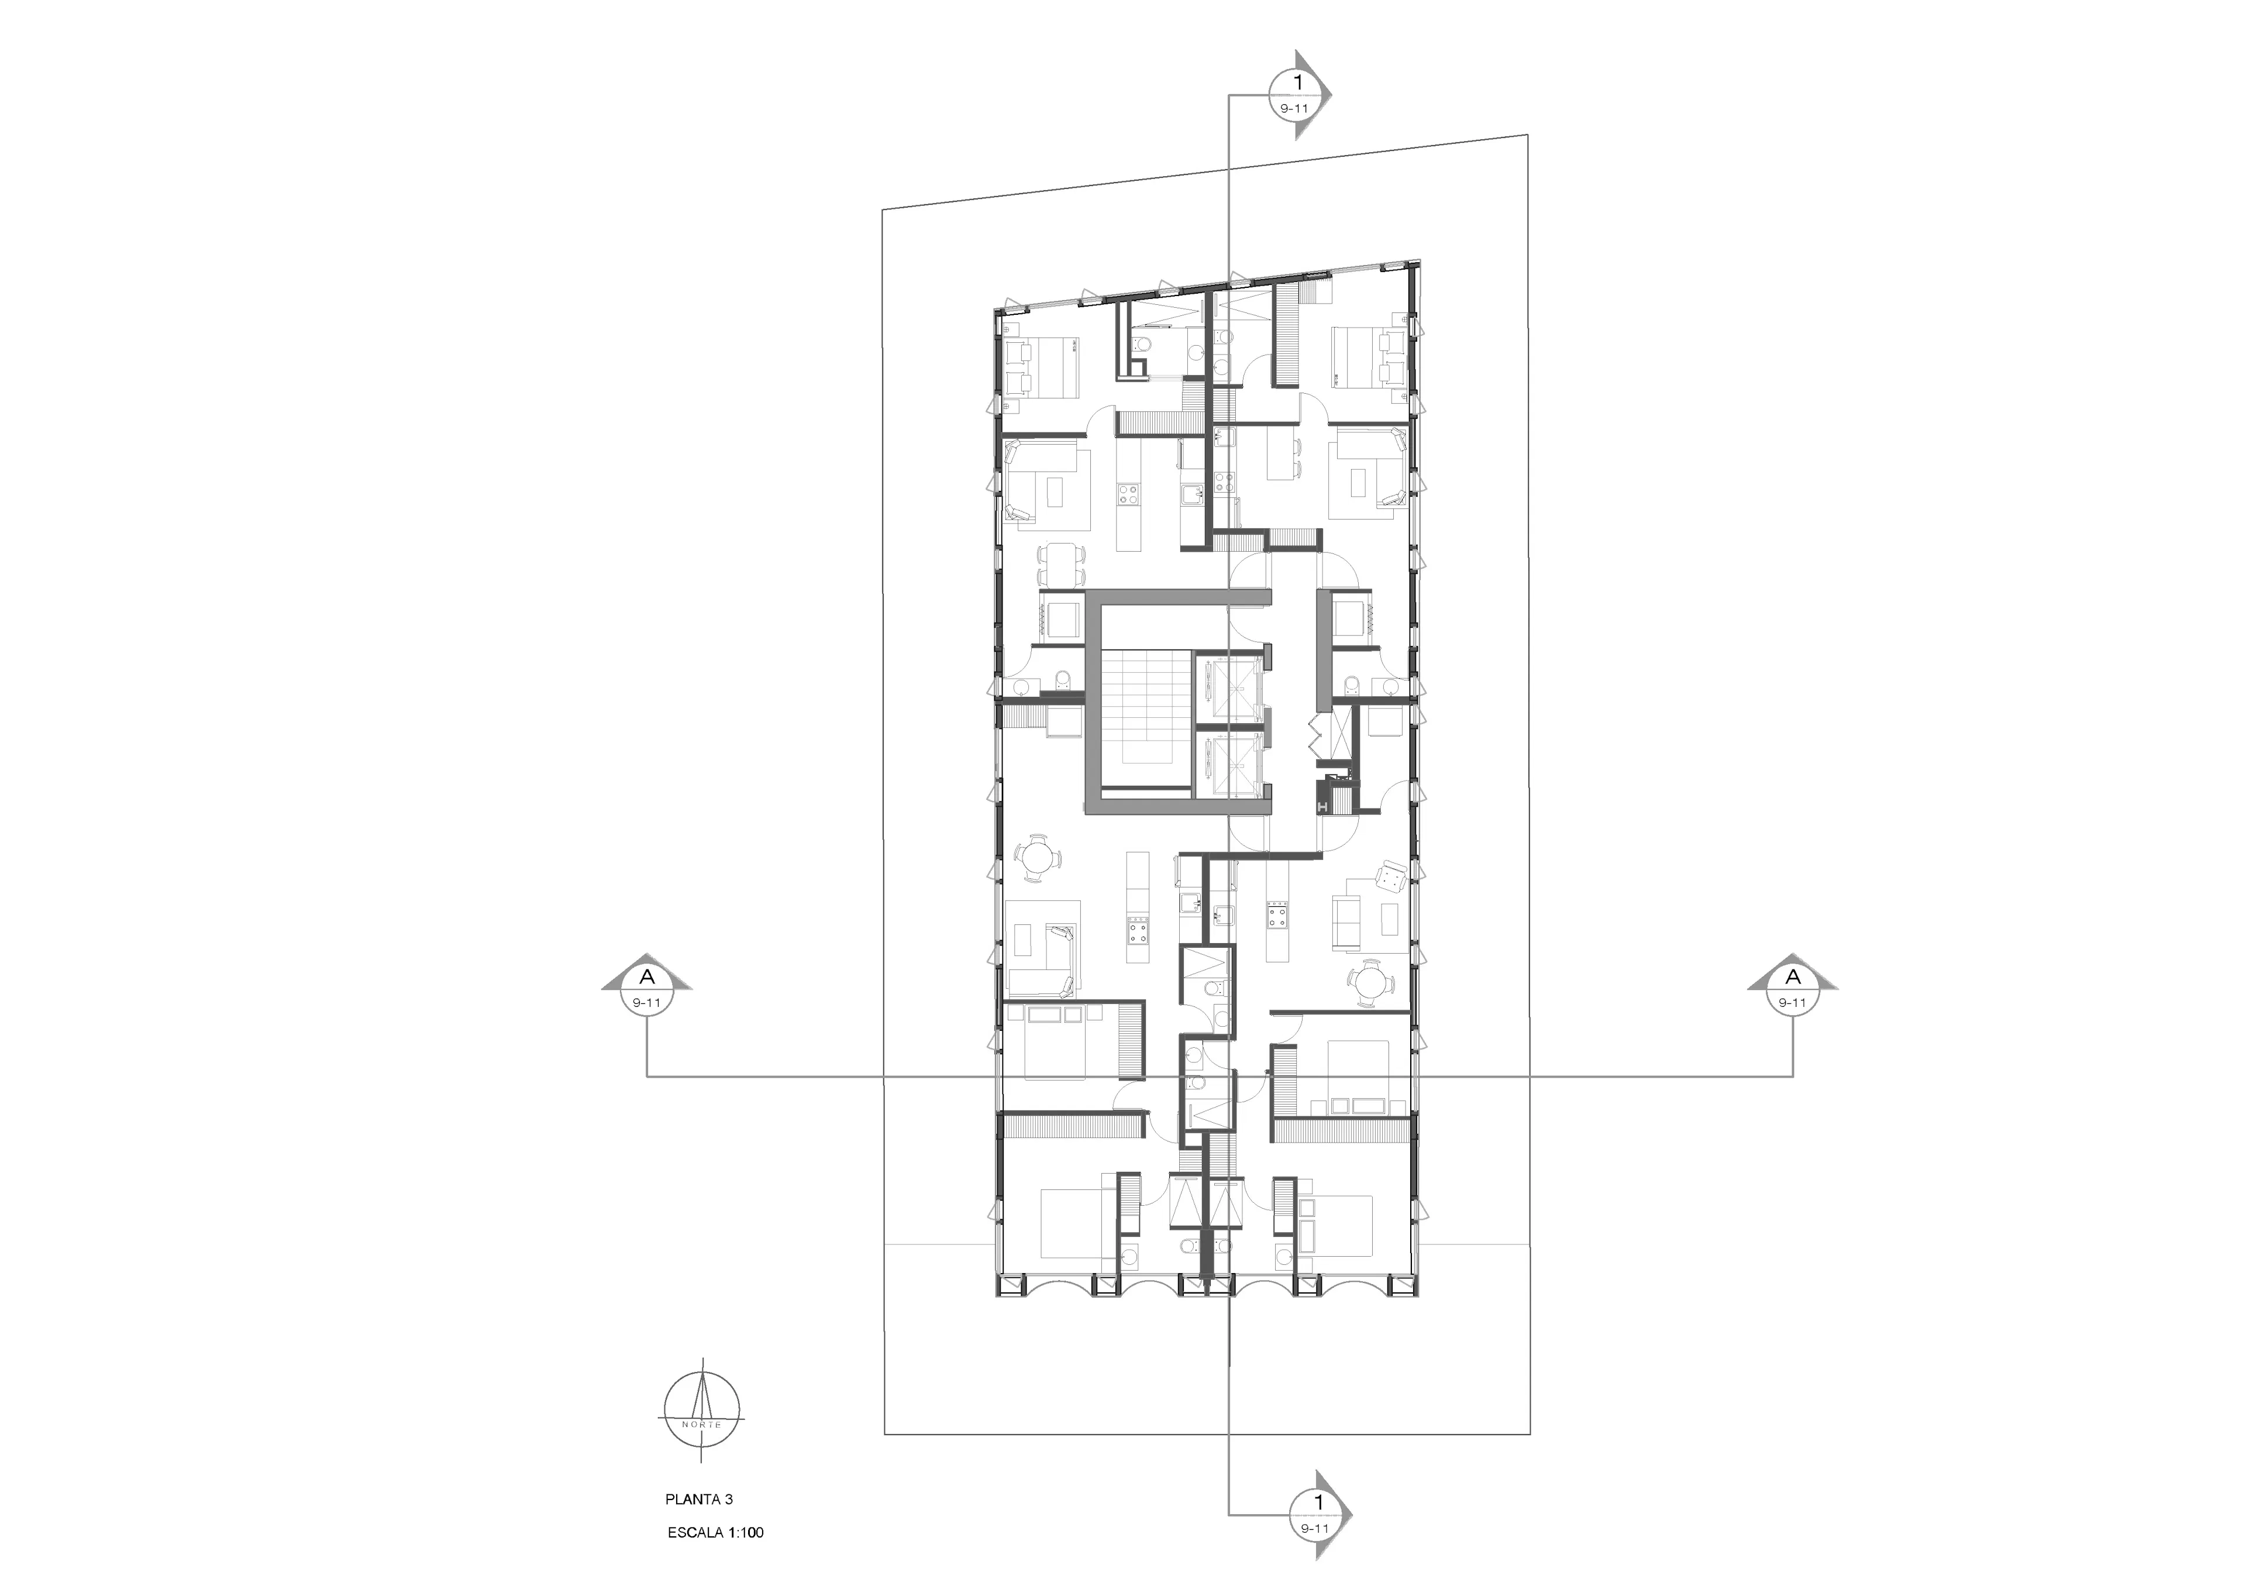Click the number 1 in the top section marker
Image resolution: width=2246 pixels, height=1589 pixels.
click(x=1298, y=83)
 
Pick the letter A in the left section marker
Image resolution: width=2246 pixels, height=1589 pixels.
click(x=647, y=976)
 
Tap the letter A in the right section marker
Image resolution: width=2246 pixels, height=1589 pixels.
click(x=1793, y=976)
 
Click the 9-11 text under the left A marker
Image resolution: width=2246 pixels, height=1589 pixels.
click(x=647, y=1002)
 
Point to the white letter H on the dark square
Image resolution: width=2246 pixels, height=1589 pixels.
click(x=1324, y=806)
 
